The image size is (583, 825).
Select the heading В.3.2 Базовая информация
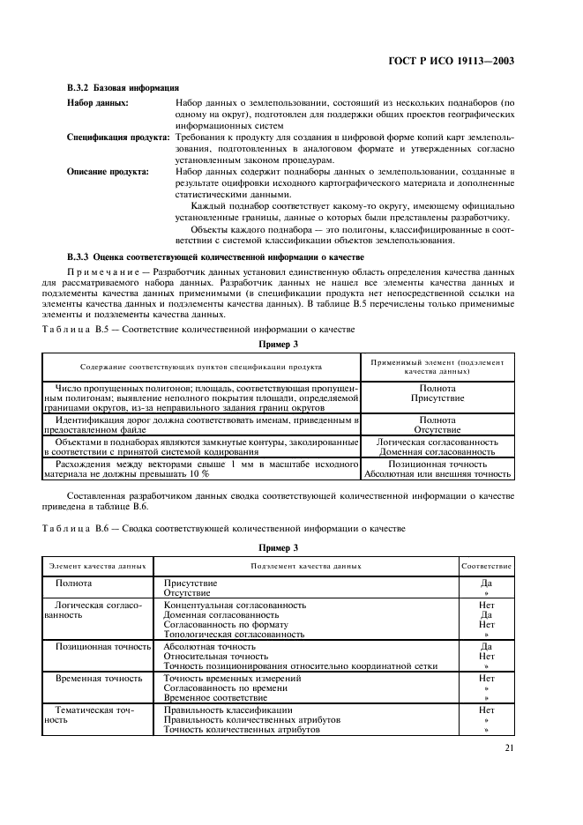123,88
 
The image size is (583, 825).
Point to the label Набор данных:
98,104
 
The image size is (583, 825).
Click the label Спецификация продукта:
119,138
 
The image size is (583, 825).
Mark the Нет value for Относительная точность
486,656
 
